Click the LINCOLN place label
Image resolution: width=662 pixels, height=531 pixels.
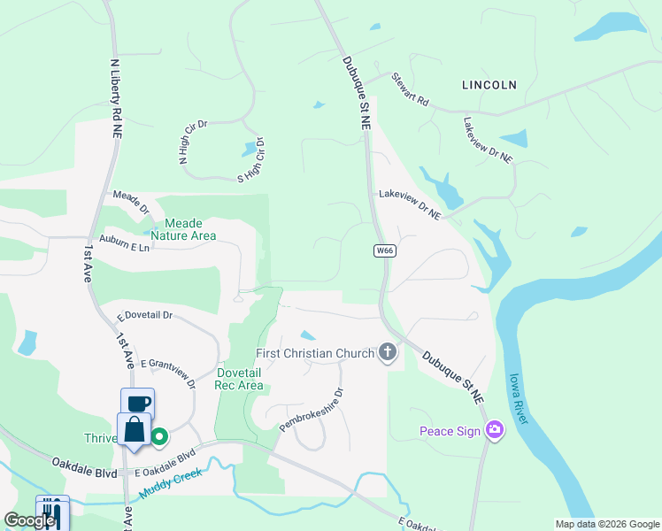(x=489, y=85)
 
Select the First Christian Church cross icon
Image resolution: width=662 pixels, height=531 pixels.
(x=387, y=353)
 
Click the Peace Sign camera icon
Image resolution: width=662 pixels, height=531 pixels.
(x=494, y=431)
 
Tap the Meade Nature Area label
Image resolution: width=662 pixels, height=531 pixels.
(x=183, y=229)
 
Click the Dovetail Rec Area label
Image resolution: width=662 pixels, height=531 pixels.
(x=240, y=379)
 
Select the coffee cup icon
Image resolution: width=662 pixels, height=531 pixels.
(x=137, y=404)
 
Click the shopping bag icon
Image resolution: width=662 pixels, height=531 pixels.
(x=135, y=431)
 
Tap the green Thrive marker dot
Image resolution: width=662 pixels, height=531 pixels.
(x=159, y=435)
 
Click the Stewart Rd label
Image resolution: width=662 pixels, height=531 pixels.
(x=411, y=89)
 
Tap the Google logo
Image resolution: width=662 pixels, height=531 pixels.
(x=29, y=520)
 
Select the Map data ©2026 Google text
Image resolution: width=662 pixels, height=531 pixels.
(x=607, y=524)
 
